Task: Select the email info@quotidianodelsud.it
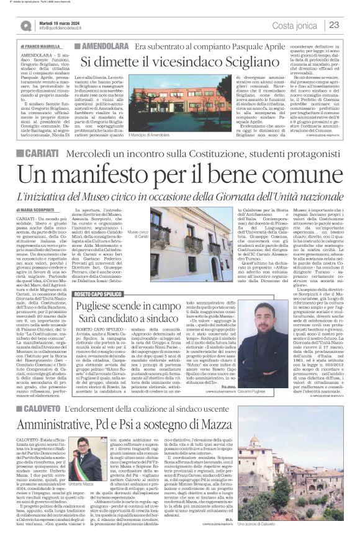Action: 68,29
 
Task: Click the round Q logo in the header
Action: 25,25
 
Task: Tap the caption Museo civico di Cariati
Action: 158,235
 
